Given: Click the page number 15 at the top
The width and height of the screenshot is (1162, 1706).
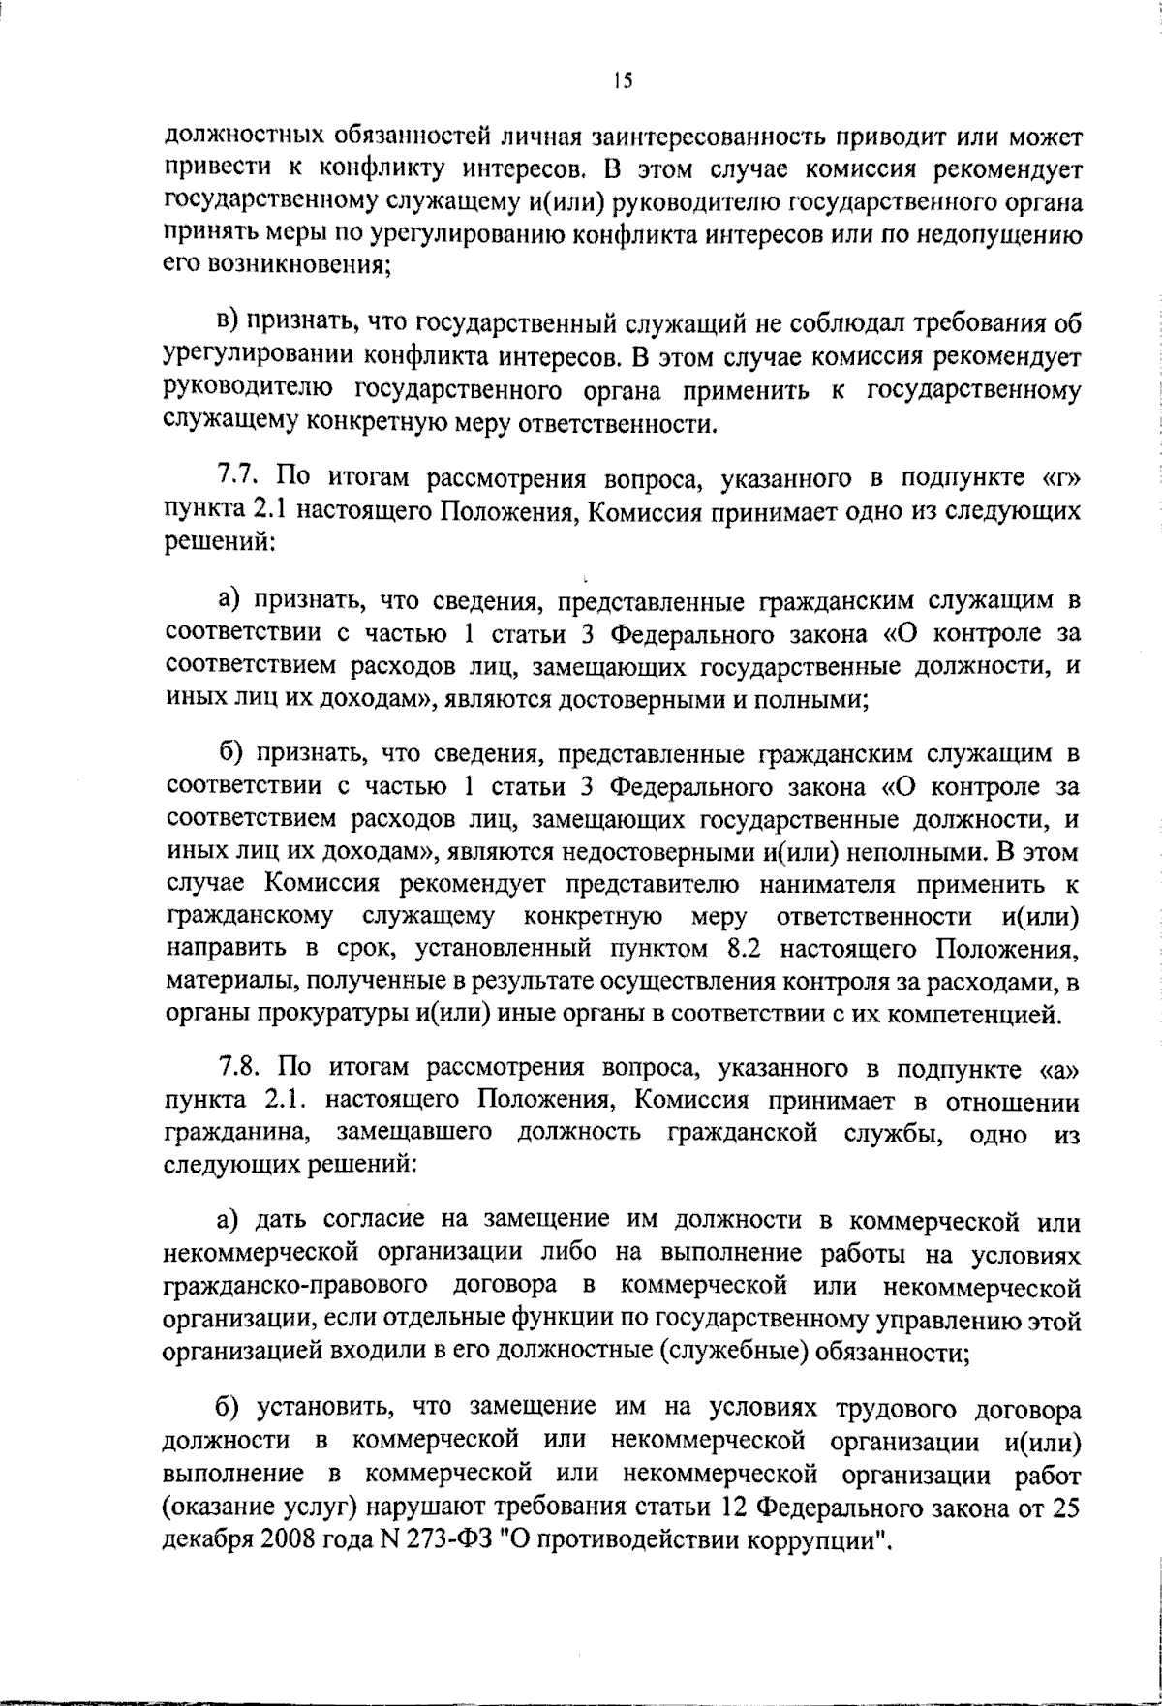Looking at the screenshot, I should point(622,82).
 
